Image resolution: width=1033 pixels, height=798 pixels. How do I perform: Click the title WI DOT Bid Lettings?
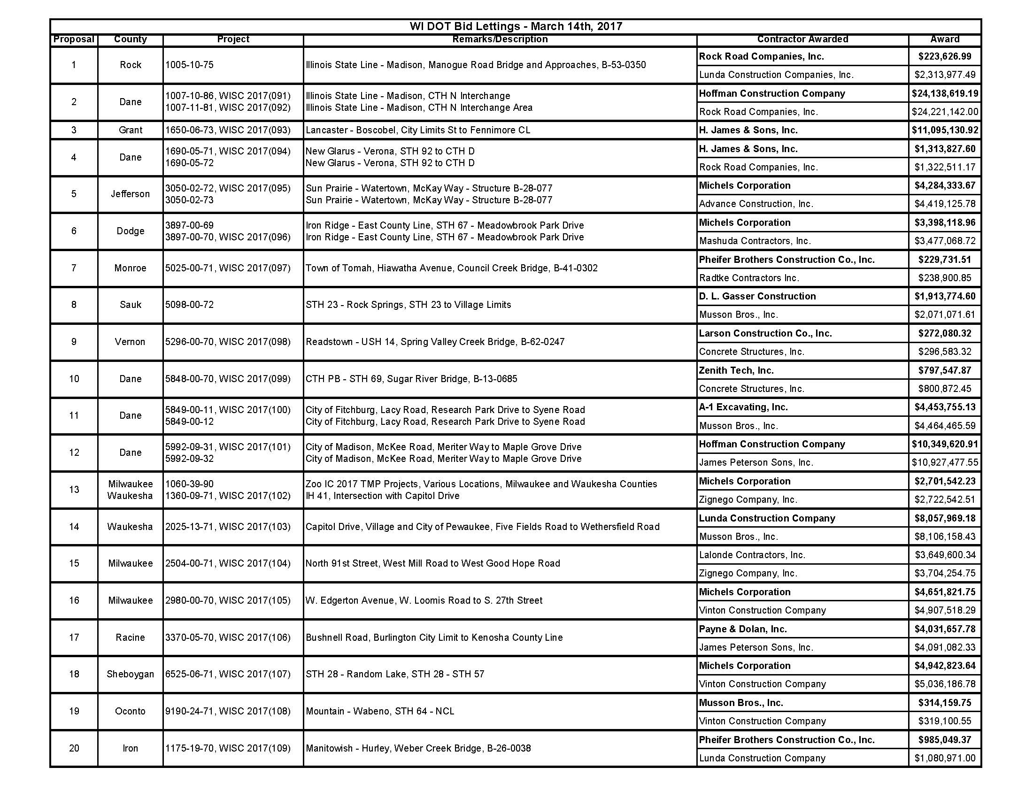tap(516, 26)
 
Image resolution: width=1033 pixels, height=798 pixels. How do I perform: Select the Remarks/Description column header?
tap(500, 39)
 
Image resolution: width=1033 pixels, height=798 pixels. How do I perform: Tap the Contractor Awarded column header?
tap(802, 39)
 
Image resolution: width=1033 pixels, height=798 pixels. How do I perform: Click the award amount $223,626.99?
tap(945, 56)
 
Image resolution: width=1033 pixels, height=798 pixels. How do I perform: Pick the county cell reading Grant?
tap(130, 130)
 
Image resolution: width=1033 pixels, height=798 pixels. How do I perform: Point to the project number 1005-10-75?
tap(189, 65)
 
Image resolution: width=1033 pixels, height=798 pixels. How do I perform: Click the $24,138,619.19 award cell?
tap(945, 93)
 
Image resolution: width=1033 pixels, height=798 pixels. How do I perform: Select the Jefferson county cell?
tap(130, 194)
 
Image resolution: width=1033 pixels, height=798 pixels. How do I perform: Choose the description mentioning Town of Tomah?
tap(451, 268)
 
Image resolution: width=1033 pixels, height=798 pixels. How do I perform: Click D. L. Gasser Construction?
tap(757, 296)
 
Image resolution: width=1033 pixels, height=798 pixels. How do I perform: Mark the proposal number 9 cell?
tap(74, 342)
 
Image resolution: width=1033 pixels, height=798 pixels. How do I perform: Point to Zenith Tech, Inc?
tap(736, 370)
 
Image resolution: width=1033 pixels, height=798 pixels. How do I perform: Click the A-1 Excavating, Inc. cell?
tap(743, 407)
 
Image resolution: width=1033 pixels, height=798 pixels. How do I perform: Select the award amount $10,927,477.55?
tap(945, 462)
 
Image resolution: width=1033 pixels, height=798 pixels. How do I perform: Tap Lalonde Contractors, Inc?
tap(752, 555)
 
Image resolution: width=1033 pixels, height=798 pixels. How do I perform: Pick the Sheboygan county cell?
tap(130, 674)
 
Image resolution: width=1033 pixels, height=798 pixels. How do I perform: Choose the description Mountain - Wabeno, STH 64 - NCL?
tap(380, 711)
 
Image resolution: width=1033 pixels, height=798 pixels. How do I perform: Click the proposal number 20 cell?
tap(74, 748)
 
